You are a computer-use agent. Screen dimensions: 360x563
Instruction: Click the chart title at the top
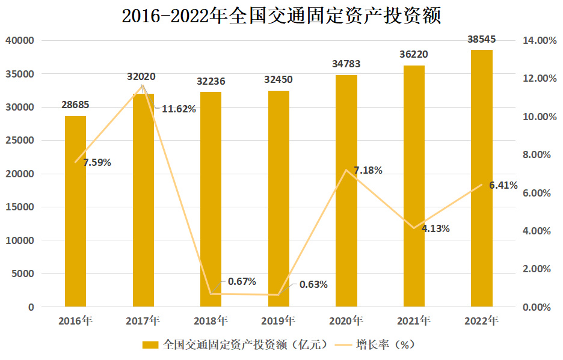pos(281,16)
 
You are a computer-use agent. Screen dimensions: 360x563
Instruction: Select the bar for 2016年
pos(76,210)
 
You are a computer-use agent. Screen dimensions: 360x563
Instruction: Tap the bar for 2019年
pos(278,198)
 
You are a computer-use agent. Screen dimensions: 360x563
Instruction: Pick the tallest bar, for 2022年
pos(481,180)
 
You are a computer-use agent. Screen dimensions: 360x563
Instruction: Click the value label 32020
pos(142,76)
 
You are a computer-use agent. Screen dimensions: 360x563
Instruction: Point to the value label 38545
pos(482,40)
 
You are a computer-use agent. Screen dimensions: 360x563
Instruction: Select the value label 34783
pos(346,64)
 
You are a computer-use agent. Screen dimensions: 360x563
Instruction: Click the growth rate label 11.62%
pos(179,109)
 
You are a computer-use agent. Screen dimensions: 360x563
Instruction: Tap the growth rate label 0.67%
pos(242,281)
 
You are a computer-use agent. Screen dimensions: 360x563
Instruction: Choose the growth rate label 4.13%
pos(435,228)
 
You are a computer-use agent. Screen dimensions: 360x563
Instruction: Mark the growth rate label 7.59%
pos(97,162)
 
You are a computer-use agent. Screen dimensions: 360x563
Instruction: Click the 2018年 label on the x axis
pos(211,320)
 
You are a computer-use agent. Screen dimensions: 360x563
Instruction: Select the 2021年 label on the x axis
pos(414,320)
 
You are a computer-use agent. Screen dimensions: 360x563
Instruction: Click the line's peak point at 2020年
pos(346,170)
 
